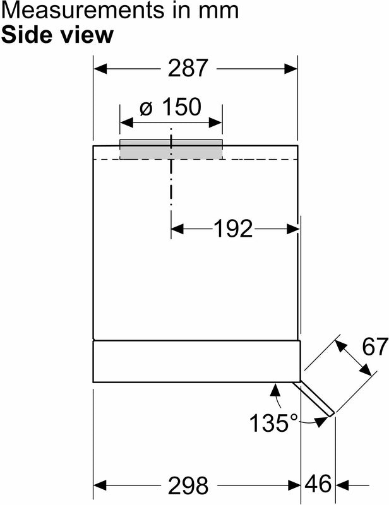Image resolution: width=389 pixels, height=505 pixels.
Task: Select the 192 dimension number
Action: pyautogui.click(x=233, y=229)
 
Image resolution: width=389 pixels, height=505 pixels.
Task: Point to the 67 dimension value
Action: pyautogui.click(x=374, y=347)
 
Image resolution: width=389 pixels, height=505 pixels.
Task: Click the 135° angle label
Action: pyautogui.click(x=274, y=422)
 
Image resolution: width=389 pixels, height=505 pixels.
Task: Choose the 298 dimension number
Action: pyautogui.click(x=188, y=485)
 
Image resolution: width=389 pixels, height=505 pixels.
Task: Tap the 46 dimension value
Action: pyautogui.click(x=318, y=484)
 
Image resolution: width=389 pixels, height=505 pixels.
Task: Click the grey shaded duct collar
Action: pyautogui.click(x=171, y=149)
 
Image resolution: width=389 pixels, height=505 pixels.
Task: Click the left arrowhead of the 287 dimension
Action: pyautogui.click(x=100, y=69)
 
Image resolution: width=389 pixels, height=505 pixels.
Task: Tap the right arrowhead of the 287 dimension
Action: pyautogui.click(x=291, y=69)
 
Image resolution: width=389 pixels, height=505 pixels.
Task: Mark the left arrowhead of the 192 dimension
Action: pyautogui.click(x=177, y=229)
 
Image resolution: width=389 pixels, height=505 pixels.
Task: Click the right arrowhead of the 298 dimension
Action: pyautogui.click(x=294, y=484)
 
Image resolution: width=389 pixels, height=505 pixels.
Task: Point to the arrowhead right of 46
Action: pyautogui.click(x=342, y=484)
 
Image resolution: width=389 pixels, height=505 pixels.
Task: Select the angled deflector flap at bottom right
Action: pyautogui.click(x=314, y=399)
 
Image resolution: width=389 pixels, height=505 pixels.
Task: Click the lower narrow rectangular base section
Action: pyautogui.click(x=196, y=361)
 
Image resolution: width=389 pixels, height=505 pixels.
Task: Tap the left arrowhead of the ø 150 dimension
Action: pyautogui.click(x=126, y=122)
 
